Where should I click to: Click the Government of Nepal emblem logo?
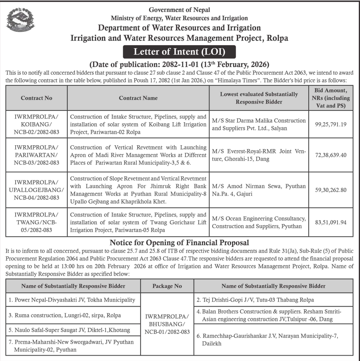pyautogui.click(x=20, y=20)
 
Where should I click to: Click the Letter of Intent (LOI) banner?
pyautogui.click(x=179, y=52)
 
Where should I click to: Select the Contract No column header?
pyautogui.click(x=36, y=98)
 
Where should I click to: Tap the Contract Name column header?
pyautogui.click(x=138, y=98)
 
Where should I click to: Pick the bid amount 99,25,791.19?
pyautogui.click(x=331, y=125)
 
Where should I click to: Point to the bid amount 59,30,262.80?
pyautogui.click(x=331, y=189)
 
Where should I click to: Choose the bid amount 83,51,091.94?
pyautogui.click(x=331, y=222)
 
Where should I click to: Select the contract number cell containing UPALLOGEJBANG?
pyautogui.click(x=36, y=189)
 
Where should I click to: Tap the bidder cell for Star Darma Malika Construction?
pyautogui.click(x=259, y=125)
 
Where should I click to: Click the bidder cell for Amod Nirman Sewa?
pyautogui.click(x=259, y=189)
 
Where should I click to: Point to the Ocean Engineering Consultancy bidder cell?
pyautogui.click(x=259, y=222)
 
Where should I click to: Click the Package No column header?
pyautogui.click(x=167, y=286)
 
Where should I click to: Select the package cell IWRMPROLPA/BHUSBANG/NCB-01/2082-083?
pyautogui.click(x=167, y=324)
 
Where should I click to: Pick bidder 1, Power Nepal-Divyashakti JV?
pyautogui.click(x=72, y=300)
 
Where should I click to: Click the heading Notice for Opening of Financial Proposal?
pyautogui.click(x=179, y=242)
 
